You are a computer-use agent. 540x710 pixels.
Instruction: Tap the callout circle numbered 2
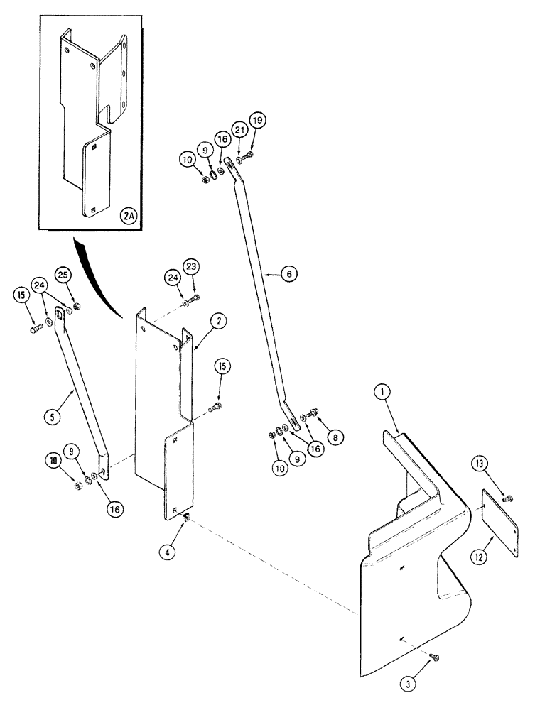point(219,322)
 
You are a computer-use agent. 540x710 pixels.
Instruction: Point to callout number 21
point(239,129)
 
